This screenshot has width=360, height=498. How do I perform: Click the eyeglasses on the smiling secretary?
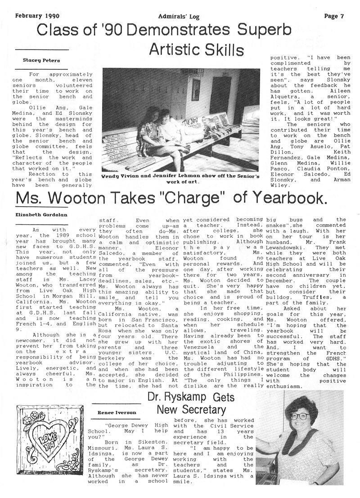(299, 416)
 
